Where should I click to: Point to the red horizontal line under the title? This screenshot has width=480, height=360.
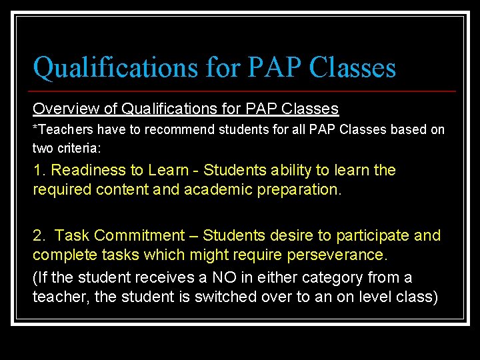coord(244,91)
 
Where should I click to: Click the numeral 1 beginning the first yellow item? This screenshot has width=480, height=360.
coord(37,171)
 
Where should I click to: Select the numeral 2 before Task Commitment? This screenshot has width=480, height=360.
coord(38,235)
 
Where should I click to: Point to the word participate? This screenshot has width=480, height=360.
coord(372,235)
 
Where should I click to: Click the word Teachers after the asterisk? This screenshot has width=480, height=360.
coord(62,129)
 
